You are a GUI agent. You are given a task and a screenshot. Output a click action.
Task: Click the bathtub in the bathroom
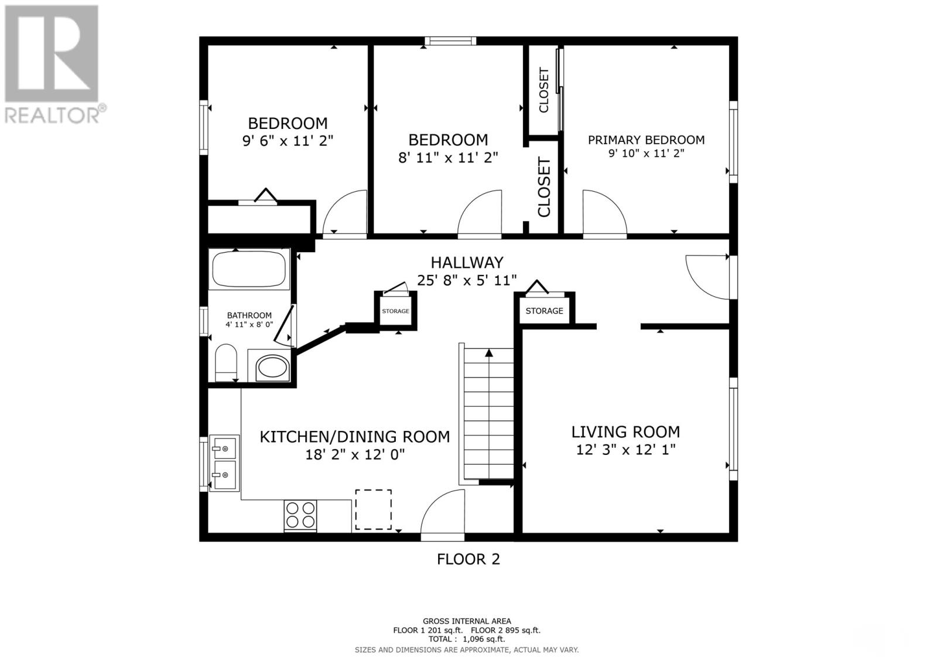point(249,269)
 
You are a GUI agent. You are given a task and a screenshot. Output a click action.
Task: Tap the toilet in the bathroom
point(225,362)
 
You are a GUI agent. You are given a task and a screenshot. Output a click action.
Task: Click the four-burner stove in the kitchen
point(300,515)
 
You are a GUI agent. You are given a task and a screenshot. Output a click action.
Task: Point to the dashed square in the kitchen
point(373,509)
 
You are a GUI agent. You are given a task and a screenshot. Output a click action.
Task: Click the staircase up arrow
point(489,353)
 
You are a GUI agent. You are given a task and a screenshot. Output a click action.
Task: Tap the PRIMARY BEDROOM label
point(646,140)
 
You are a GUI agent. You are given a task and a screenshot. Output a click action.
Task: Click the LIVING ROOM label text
point(625,432)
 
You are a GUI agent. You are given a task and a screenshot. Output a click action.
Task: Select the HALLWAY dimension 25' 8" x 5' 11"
point(467,280)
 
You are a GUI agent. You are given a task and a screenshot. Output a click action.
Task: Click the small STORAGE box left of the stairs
point(396,311)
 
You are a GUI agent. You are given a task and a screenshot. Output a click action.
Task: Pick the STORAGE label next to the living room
point(544,311)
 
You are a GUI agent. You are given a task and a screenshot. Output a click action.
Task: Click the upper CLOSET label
point(544,90)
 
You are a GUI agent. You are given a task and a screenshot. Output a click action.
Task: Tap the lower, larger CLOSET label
point(544,187)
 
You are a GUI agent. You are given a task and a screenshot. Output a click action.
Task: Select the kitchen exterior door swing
point(442,513)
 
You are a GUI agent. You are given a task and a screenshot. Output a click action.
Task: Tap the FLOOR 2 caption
point(468,559)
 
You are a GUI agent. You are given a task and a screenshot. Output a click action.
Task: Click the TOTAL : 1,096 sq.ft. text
point(466,640)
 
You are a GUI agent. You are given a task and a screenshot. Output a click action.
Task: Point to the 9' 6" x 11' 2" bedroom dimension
point(288,141)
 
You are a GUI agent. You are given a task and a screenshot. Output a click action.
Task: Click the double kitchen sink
point(224,463)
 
